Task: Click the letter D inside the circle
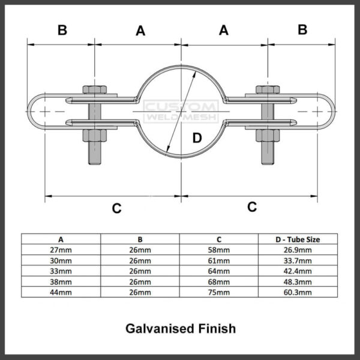(197, 138)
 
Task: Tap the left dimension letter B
(62, 30)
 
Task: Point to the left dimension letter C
(116, 208)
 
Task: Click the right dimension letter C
(252, 206)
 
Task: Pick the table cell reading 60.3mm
(298, 292)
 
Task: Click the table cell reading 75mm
(219, 292)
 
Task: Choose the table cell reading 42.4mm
(298, 271)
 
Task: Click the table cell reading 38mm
(61, 281)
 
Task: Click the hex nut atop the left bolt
(92, 90)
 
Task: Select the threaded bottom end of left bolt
(93, 153)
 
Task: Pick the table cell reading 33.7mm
(298, 260)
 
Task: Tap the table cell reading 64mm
(219, 271)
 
